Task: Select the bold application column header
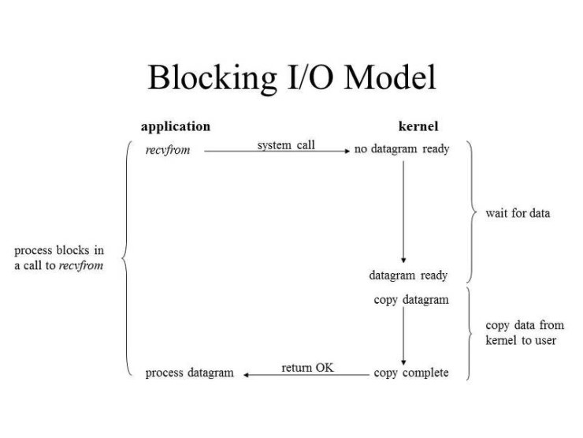click(176, 126)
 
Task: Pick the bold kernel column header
click(418, 126)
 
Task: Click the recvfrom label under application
click(168, 150)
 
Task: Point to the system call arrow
click(276, 151)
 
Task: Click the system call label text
click(286, 145)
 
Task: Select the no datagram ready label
click(402, 149)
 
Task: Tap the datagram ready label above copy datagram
click(408, 275)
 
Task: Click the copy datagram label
click(411, 300)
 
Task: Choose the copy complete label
click(411, 372)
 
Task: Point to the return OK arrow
click(307, 374)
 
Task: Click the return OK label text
click(307, 368)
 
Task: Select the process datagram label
click(190, 372)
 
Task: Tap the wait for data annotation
click(518, 213)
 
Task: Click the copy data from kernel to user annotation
click(525, 333)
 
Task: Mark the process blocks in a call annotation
click(59, 258)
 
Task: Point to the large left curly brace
click(127, 258)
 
